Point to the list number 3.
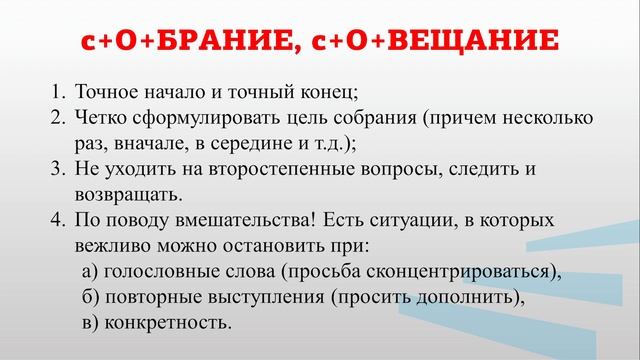click(56, 168)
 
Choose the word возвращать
click(125, 193)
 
